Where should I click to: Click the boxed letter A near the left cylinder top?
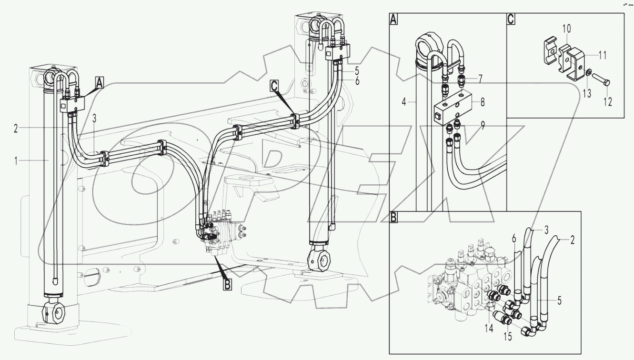coord(99,84)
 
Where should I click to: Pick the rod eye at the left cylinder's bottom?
coord(55,313)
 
